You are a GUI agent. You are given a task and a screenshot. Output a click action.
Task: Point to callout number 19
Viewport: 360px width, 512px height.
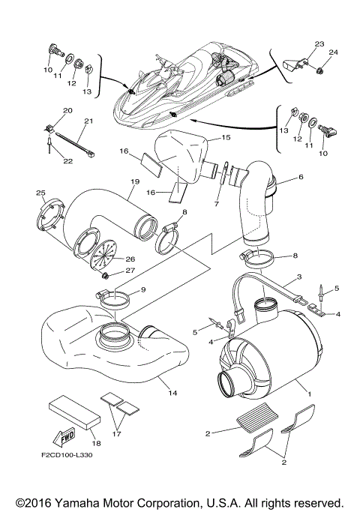(x=136, y=181)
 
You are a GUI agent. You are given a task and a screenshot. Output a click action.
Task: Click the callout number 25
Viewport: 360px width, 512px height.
(x=42, y=194)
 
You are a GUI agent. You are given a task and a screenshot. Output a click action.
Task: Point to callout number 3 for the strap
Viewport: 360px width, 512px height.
(x=299, y=277)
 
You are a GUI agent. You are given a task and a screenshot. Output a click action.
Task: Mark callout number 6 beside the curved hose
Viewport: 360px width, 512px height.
(x=301, y=178)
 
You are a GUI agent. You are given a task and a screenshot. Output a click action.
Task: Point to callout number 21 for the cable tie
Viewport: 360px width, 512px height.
(x=88, y=121)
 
